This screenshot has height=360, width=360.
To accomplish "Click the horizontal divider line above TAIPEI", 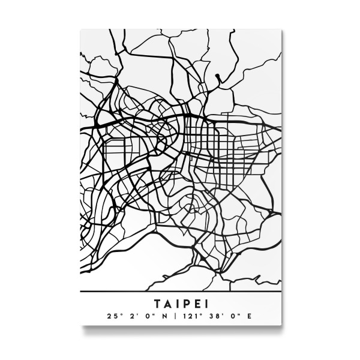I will tap(180, 291).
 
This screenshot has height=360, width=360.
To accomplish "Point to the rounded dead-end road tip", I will tap(219, 76).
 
